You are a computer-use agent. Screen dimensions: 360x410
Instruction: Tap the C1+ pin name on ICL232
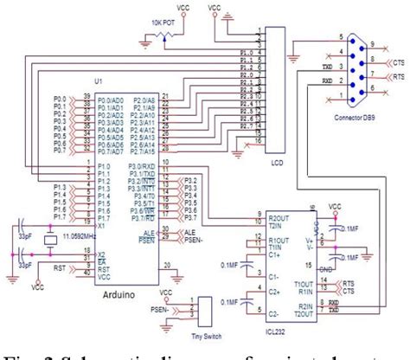[273, 256]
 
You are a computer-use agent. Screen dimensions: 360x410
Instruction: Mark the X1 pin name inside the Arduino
[102, 228]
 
